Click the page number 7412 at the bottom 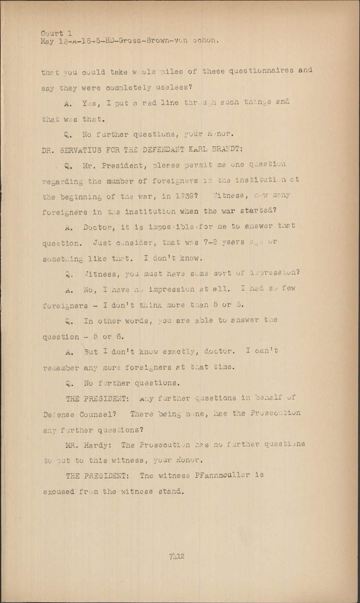176,556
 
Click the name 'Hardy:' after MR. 99,444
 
